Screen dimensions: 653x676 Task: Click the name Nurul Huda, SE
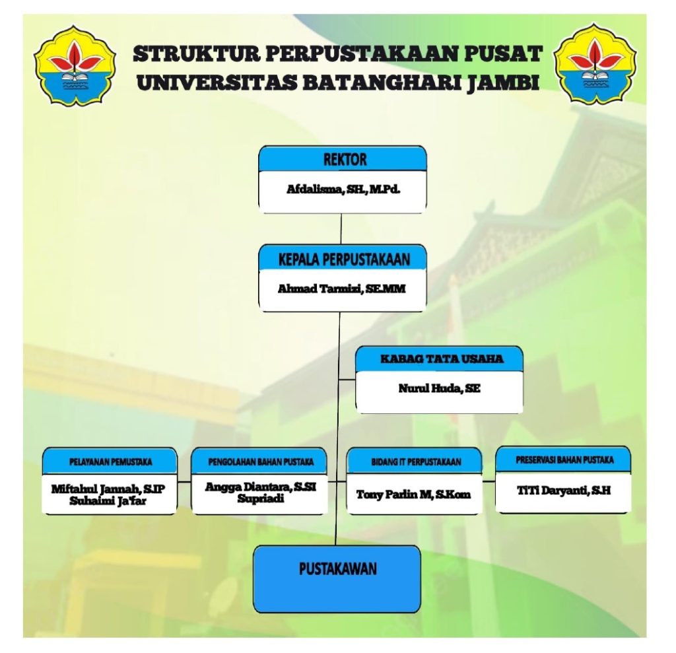pyautogui.click(x=439, y=388)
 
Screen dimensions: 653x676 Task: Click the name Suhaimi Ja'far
pyautogui.click(x=110, y=500)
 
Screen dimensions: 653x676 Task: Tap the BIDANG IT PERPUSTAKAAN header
pyautogui.click(x=413, y=462)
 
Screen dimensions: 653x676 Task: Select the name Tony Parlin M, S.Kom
pyautogui.click(x=414, y=494)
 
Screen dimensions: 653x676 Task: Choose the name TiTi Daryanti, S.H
pyautogui.click(x=564, y=491)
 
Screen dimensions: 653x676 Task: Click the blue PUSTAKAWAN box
pyautogui.click(x=338, y=578)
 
